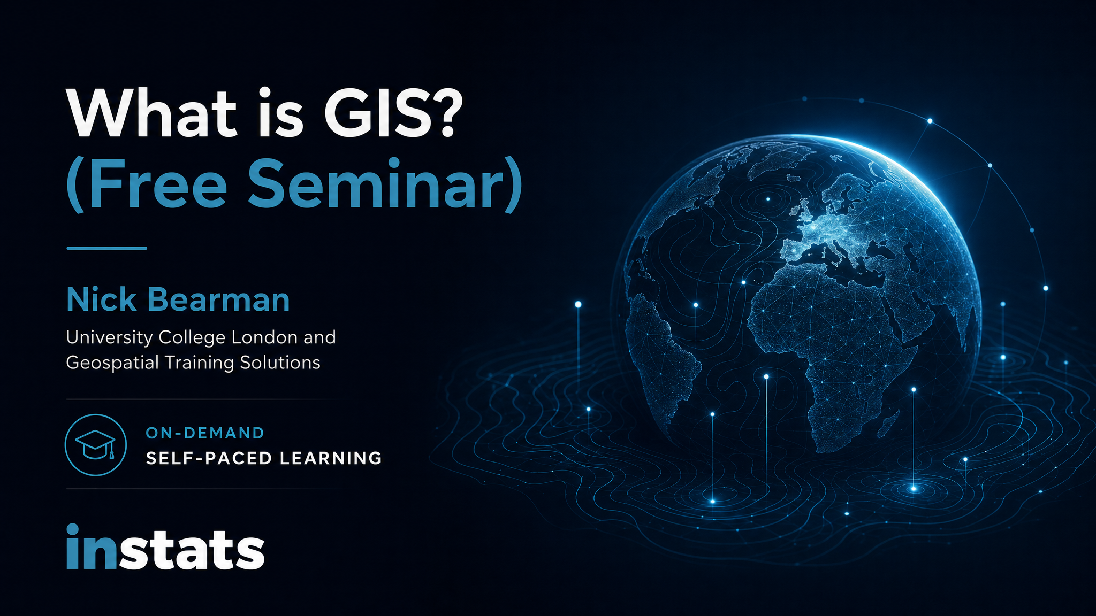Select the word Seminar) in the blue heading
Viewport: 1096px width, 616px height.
(x=385, y=184)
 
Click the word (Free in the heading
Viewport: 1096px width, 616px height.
(x=147, y=184)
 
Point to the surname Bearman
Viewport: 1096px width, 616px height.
(x=218, y=299)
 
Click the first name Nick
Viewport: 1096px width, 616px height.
(x=102, y=299)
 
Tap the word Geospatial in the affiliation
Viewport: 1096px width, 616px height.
(x=112, y=363)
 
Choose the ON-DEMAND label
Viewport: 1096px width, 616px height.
(x=205, y=433)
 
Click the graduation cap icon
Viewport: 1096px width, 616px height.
(x=96, y=445)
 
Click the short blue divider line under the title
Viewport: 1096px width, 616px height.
(x=106, y=248)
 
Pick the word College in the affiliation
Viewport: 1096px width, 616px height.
(x=192, y=338)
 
